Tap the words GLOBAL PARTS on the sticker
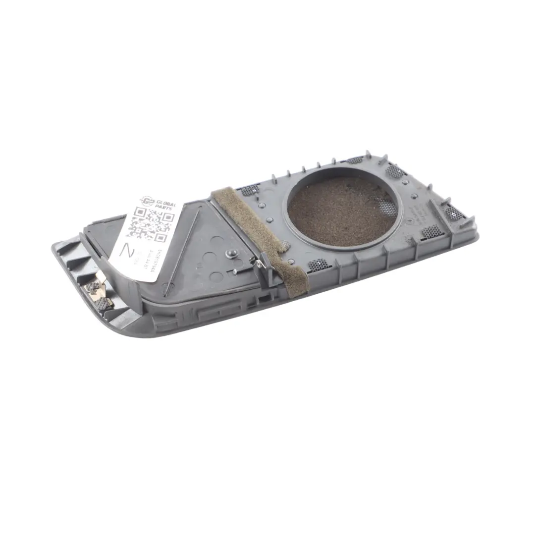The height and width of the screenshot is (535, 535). point(164,205)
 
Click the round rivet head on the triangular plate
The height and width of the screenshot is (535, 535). point(230,254)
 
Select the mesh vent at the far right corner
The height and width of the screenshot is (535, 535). point(454,213)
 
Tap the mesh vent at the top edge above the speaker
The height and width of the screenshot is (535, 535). point(355,160)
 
